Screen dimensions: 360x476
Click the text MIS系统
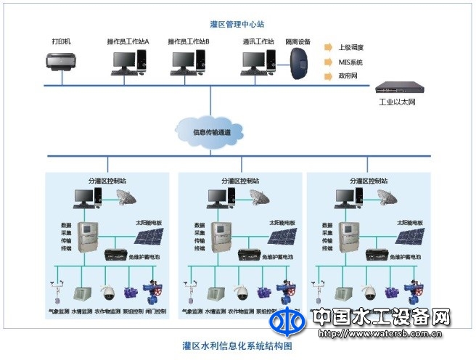pyautogui.click(x=350, y=62)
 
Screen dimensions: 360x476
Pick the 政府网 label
pyautogui.click(x=349, y=76)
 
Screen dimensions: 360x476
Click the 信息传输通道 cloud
pyautogui.click(x=217, y=131)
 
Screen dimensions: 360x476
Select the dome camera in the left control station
pyautogui.click(x=108, y=293)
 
